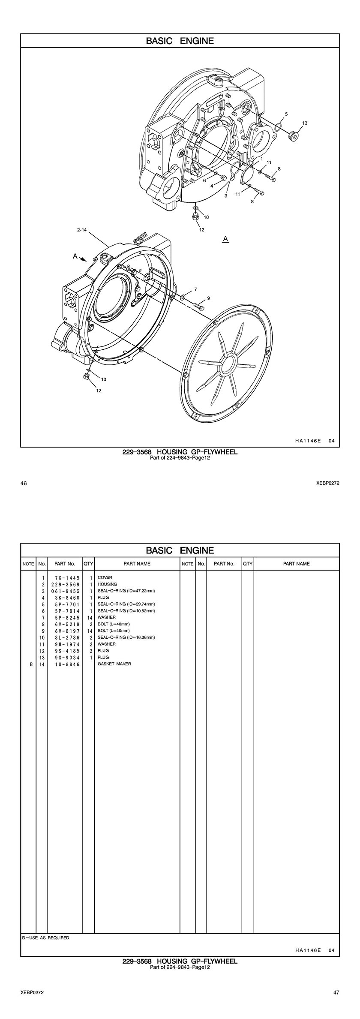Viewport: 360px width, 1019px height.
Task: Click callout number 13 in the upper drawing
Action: click(x=305, y=123)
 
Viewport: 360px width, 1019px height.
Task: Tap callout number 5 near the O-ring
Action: click(x=286, y=114)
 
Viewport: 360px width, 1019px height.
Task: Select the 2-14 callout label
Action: click(x=82, y=230)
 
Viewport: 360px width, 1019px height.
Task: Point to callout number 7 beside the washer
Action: click(x=195, y=289)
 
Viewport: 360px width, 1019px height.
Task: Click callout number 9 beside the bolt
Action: click(x=208, y=298)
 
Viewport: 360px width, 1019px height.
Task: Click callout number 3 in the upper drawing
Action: click(x=225, y=196)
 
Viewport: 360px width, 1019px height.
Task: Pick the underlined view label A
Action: click(x=225, y=238)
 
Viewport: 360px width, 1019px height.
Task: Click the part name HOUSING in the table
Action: click(x=107, y=584)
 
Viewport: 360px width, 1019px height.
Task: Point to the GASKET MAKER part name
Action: click(x=114, y=664)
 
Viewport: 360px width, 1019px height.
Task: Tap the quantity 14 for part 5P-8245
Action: click(x=90, y=618)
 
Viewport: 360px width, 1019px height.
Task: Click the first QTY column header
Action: click(x=88, y=564)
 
